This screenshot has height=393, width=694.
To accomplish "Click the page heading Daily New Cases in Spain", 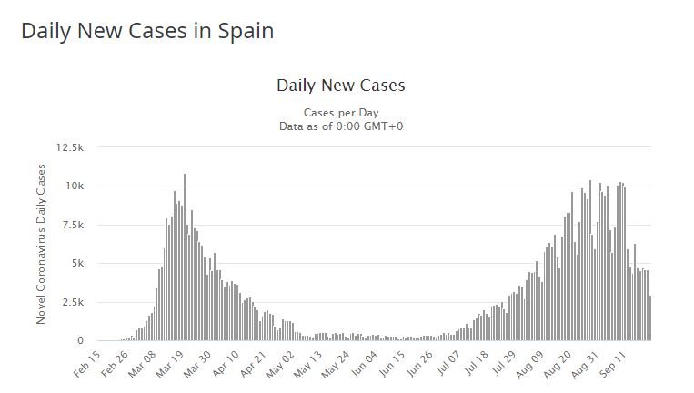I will click(147, 30).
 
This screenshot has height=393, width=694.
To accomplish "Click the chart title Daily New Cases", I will click(340, 86).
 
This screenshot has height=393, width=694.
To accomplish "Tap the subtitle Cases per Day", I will click(340, 113).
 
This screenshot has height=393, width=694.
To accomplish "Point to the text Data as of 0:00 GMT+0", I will click(340, 126).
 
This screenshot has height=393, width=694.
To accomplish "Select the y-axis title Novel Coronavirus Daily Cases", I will click(41, 244).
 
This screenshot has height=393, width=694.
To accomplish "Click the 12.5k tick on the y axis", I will click(70, 147).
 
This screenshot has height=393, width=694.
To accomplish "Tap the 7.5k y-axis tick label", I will click(72, 225).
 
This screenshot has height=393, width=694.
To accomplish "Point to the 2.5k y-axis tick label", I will click(72, 302).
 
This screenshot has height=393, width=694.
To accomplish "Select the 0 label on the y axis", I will click(80, 340).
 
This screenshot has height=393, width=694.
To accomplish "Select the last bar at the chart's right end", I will click(650, 318).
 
